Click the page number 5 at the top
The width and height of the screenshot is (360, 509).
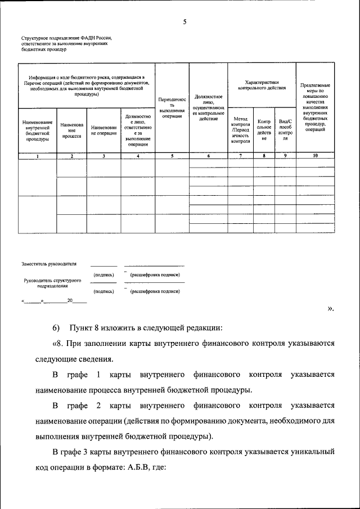[184, 22]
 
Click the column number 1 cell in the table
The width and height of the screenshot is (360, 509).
[37, 155]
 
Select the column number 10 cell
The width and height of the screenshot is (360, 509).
[314, 155]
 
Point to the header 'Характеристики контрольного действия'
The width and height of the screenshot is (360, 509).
[262, 85]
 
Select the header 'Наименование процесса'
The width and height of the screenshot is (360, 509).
[71, 130]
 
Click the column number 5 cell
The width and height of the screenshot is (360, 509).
[172, 155]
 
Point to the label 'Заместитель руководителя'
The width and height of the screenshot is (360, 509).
[49, 263]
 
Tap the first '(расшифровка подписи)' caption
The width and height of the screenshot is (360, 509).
[155, 275]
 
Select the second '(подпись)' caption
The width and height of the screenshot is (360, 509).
[104, 291]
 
